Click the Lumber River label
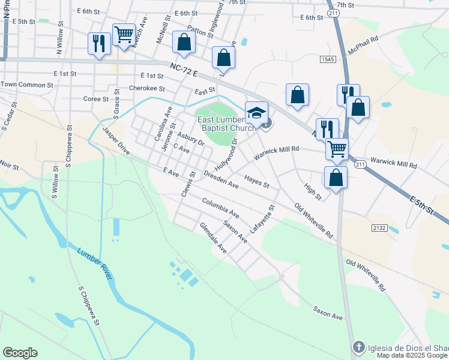[94, 263]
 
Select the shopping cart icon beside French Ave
[124, 35]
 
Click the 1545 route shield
[327, 59]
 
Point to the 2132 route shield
[379, 229]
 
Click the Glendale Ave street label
[213, 239]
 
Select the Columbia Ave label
[220, 208]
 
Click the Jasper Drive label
[116, 139]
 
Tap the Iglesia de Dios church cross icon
[358, 347]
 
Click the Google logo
[20, 353]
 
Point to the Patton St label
[200, 31]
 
